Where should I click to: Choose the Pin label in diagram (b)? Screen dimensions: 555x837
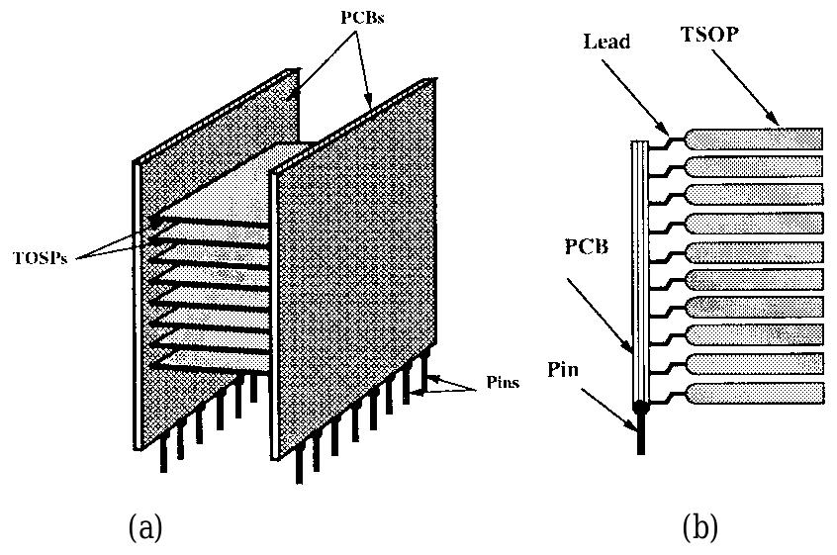[x=569, y=370]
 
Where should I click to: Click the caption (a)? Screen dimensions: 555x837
[x=146, y=527]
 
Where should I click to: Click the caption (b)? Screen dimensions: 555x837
[x=699, y=527]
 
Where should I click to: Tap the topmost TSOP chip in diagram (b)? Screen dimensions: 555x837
[x=754, y=139]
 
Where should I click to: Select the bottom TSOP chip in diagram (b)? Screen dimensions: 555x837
[x=754, y=393]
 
